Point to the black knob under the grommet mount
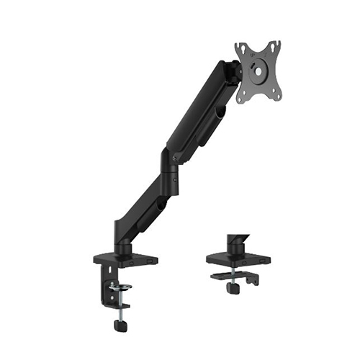pos(233,287)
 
